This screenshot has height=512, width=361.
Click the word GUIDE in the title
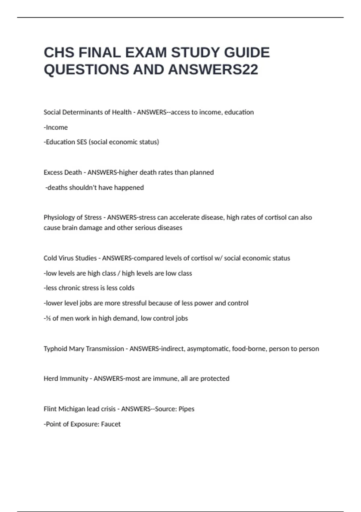pyautogui.click(x=247, y=53)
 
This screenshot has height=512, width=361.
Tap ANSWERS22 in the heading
pyautogui.click(x=213, y=70)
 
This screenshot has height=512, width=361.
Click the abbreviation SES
pyautogui.click(x=82, y=142)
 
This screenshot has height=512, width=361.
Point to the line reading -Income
pyautogui.click(x=56, y=127)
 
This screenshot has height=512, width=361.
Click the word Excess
pyautogui.click(x=53, y=173)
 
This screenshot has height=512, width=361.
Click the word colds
pyautogui.click(x=126, y=288)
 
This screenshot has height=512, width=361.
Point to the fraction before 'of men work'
pyautogui.click(x=48, y=318)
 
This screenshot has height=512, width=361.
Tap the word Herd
pyautogui.click(x=51, y=379)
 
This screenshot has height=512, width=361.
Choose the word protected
pyautogui.click(x=215, y=379)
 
